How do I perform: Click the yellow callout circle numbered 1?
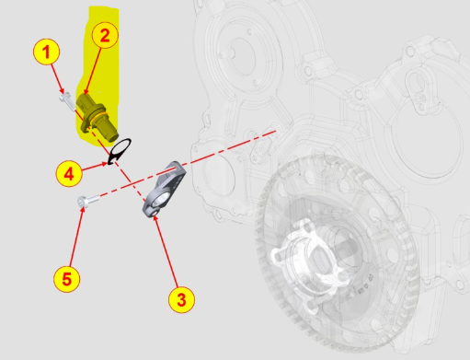coord(46,52)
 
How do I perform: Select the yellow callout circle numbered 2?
coord(105,36)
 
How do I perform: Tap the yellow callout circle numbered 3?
coord(181,299)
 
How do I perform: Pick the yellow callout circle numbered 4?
coord(69,174)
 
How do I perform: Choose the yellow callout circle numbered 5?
coord(67,279)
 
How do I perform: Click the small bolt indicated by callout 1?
coord(68,101)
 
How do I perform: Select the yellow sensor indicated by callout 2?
coord(97,118)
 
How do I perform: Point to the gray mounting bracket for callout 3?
coord(164,190)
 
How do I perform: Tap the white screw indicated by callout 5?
coord(88,201)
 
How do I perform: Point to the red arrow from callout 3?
coord(166,250)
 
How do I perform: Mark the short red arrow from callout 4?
coord(95,167)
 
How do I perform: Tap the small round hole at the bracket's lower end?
coord(155,212)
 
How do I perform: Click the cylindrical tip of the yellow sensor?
coord(109,133)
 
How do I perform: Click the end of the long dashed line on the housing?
coord(275,131)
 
